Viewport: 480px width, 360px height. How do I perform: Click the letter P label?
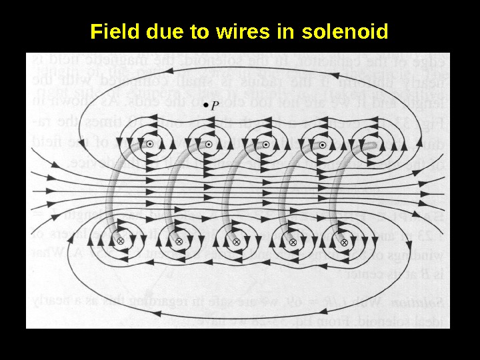pyautogui.click(x=215, y=105)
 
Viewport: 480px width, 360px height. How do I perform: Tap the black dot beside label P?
pyautogui.click(x=206, y=106)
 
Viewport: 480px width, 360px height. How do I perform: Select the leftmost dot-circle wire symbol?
pyautogui.click(x=151, y=144)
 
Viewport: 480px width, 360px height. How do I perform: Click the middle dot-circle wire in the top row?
pyautogui.click(x=266, y=144)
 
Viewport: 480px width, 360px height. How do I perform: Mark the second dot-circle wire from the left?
pyautogui.click(x=209, y=144)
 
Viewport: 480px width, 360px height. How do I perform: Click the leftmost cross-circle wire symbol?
pyautogui.click(x=121, y=241)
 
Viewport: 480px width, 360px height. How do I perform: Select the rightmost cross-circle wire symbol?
pyautogui.click(x=344, y=243)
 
